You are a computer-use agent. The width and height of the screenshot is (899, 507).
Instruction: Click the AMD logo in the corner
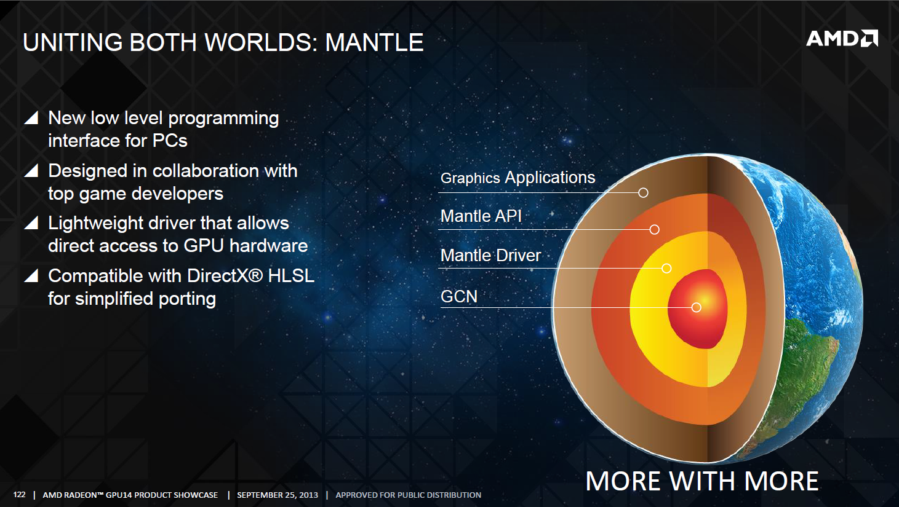click(x=842, y=39)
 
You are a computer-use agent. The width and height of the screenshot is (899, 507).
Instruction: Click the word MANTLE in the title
click(x=375, y=42)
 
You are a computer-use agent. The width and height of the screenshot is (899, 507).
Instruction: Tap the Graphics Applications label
click(x=517, y=178)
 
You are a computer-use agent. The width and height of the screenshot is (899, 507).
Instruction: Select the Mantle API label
click(x=481, y=216)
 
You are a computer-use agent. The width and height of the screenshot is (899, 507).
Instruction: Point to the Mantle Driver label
click(x=491, y=255)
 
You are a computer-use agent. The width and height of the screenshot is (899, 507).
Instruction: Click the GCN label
click(x=459, y=297)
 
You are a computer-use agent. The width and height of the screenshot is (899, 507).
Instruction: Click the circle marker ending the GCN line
click(x=697, y=307)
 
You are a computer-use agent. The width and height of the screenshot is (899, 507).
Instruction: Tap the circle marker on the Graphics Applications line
click(x=644, y=193)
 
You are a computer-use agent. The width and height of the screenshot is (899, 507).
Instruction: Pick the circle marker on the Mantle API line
click(x=655, y=230)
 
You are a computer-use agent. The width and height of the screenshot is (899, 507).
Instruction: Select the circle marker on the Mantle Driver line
click(x=666, y=268)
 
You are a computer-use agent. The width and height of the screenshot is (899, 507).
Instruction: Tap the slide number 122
click(x=19, y=495)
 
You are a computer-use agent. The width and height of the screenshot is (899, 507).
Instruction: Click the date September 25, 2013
click(x=278, y=495)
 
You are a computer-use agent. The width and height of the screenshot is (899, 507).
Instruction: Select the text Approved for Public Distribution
click(x=408, y=495)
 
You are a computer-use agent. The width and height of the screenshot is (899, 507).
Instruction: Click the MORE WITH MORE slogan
click(x=702, y=481)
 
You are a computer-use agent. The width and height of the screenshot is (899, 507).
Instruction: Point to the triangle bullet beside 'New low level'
click(x=31, y=117)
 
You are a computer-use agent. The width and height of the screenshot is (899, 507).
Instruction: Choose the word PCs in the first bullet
click(x=170, y=141)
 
